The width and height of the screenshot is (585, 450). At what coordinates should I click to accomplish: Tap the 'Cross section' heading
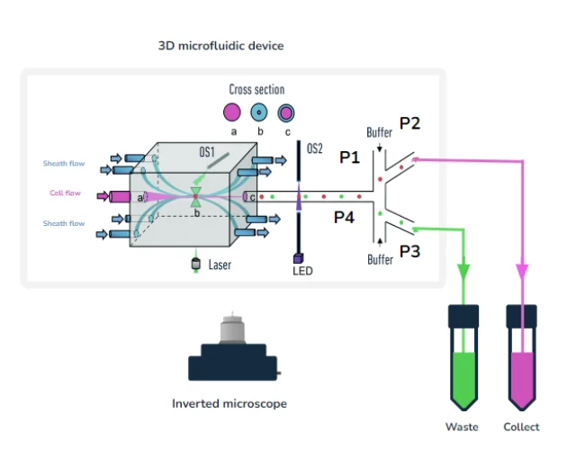point(256,90)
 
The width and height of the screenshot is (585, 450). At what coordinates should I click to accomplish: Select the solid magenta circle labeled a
point(231,112)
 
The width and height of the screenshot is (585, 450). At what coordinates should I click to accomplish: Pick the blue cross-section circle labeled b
point(259,112)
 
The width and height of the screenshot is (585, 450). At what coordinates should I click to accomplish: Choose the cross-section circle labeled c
point(286,112)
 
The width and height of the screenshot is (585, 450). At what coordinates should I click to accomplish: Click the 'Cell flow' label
point(64,193)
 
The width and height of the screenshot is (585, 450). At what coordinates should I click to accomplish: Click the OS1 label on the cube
point(207,154)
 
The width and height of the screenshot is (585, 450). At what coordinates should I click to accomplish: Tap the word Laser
point(220,265)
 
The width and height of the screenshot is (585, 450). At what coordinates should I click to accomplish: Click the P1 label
point(349,157)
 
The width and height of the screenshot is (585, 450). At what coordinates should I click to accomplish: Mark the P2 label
point(409,124)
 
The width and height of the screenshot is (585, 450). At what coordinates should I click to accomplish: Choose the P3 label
point(409,252)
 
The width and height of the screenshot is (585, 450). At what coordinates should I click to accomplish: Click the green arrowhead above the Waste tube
point(464,271)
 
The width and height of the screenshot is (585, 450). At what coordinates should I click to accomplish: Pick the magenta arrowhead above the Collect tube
point(522,271)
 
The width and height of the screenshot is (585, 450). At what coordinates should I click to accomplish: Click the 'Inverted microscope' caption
point(229,404)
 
